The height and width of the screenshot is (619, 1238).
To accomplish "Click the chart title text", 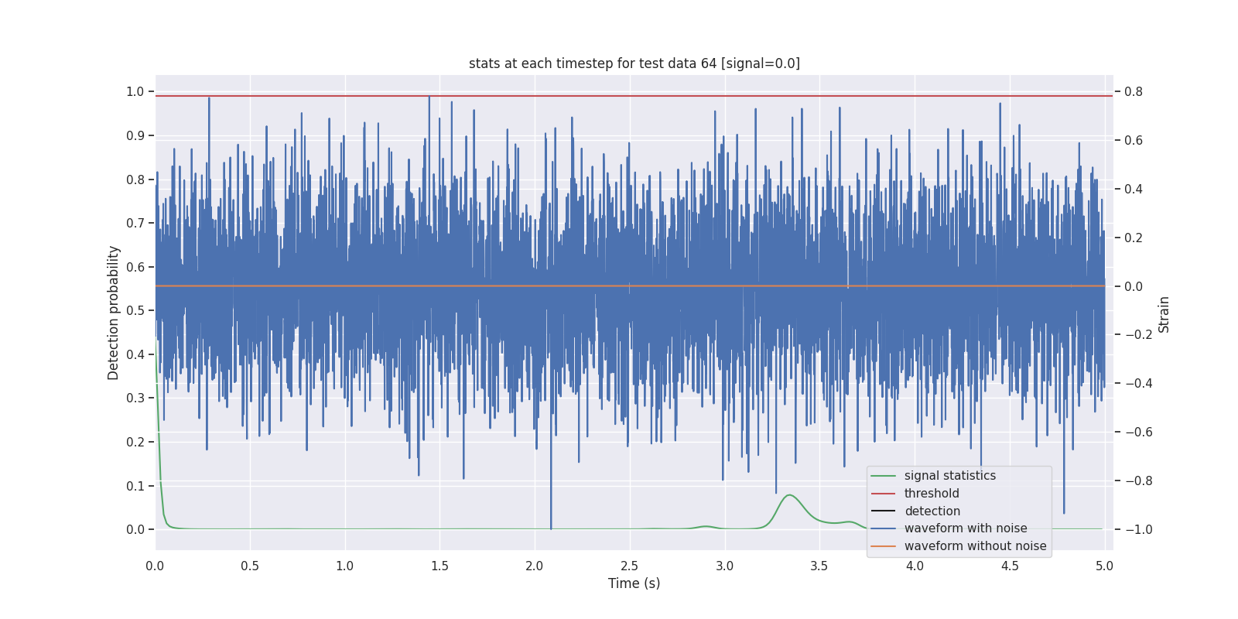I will click(x=634, y=63).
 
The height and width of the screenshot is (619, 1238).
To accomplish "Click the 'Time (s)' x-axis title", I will click(x=634, y=583).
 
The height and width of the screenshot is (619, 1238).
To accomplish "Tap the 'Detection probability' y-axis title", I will click(x=114, y=313).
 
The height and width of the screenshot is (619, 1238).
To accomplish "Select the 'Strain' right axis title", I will click(x=1163, y=314).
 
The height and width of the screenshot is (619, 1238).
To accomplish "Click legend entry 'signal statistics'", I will click(x=949, y=476).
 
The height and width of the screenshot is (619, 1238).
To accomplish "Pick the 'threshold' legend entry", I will click(x=931, y=494).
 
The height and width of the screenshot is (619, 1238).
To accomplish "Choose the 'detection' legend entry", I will click(x=932, y=511).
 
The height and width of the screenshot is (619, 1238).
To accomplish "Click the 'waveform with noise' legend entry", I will click(x=965, y=528).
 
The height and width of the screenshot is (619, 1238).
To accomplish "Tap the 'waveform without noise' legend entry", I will click(x=975, y=546).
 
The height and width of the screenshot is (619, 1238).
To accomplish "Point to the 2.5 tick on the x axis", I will click(x=630, y=566).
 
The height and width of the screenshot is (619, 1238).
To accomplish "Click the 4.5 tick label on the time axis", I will click(x=1009, y=566).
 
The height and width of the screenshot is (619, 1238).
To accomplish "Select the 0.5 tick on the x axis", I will click(x=250, y=566).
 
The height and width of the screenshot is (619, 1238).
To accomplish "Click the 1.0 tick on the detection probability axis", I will click(x=135, y=91).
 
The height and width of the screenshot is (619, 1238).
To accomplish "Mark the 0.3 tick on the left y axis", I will click(x=135, y=398).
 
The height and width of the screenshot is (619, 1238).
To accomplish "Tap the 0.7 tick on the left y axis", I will click(x=135, y=223).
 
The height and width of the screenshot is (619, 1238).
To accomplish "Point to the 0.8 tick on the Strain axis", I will click(x=1134, y=91).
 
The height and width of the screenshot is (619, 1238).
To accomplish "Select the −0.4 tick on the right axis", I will click(x=1137, y=383).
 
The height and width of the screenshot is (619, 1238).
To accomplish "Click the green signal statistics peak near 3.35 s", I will click(x=789, y=495).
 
